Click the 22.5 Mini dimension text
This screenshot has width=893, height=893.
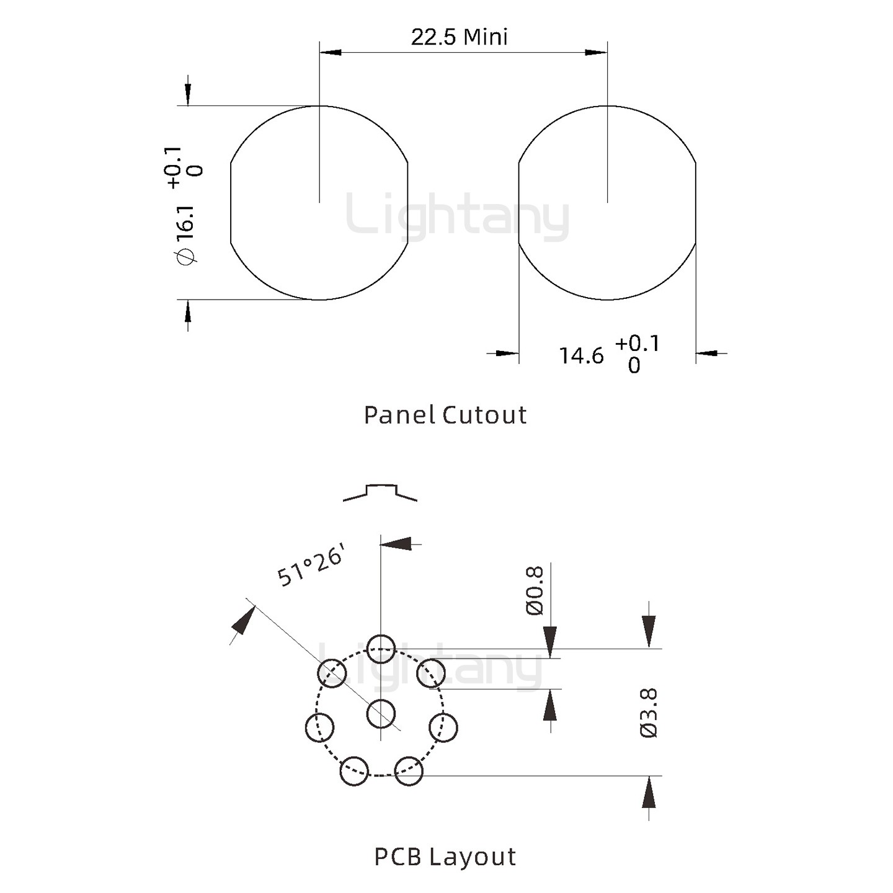(x=459, y=37)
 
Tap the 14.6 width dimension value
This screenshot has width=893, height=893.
(x=581, y=356)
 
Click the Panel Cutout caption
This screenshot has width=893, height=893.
(x=445, y=415)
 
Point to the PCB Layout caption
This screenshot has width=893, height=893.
(x=445, y=856)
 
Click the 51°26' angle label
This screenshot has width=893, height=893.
(x=309, y=567)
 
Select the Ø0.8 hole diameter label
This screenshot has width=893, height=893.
(x=535, y=590)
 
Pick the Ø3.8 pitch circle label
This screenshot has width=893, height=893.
(x=649, y=713)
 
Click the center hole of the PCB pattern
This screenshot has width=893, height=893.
(x=381, y=713)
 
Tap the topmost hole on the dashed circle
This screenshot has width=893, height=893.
(x=381, y=649)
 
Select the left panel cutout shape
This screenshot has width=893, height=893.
(x=319, y=203)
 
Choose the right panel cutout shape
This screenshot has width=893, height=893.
(x=607, y=203)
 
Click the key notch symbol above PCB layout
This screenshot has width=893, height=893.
(x=380, y=492)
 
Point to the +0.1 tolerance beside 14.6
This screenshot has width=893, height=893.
(x=638, y=344)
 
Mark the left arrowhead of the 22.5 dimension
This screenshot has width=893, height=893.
(x=331, y=52)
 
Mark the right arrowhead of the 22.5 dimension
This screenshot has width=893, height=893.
(x=596, y=52)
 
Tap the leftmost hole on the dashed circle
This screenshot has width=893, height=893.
(x=320, y=727)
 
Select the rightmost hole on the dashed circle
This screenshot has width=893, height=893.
(x=443, y=727)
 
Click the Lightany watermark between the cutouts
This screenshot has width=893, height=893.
(x=457, y=217)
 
